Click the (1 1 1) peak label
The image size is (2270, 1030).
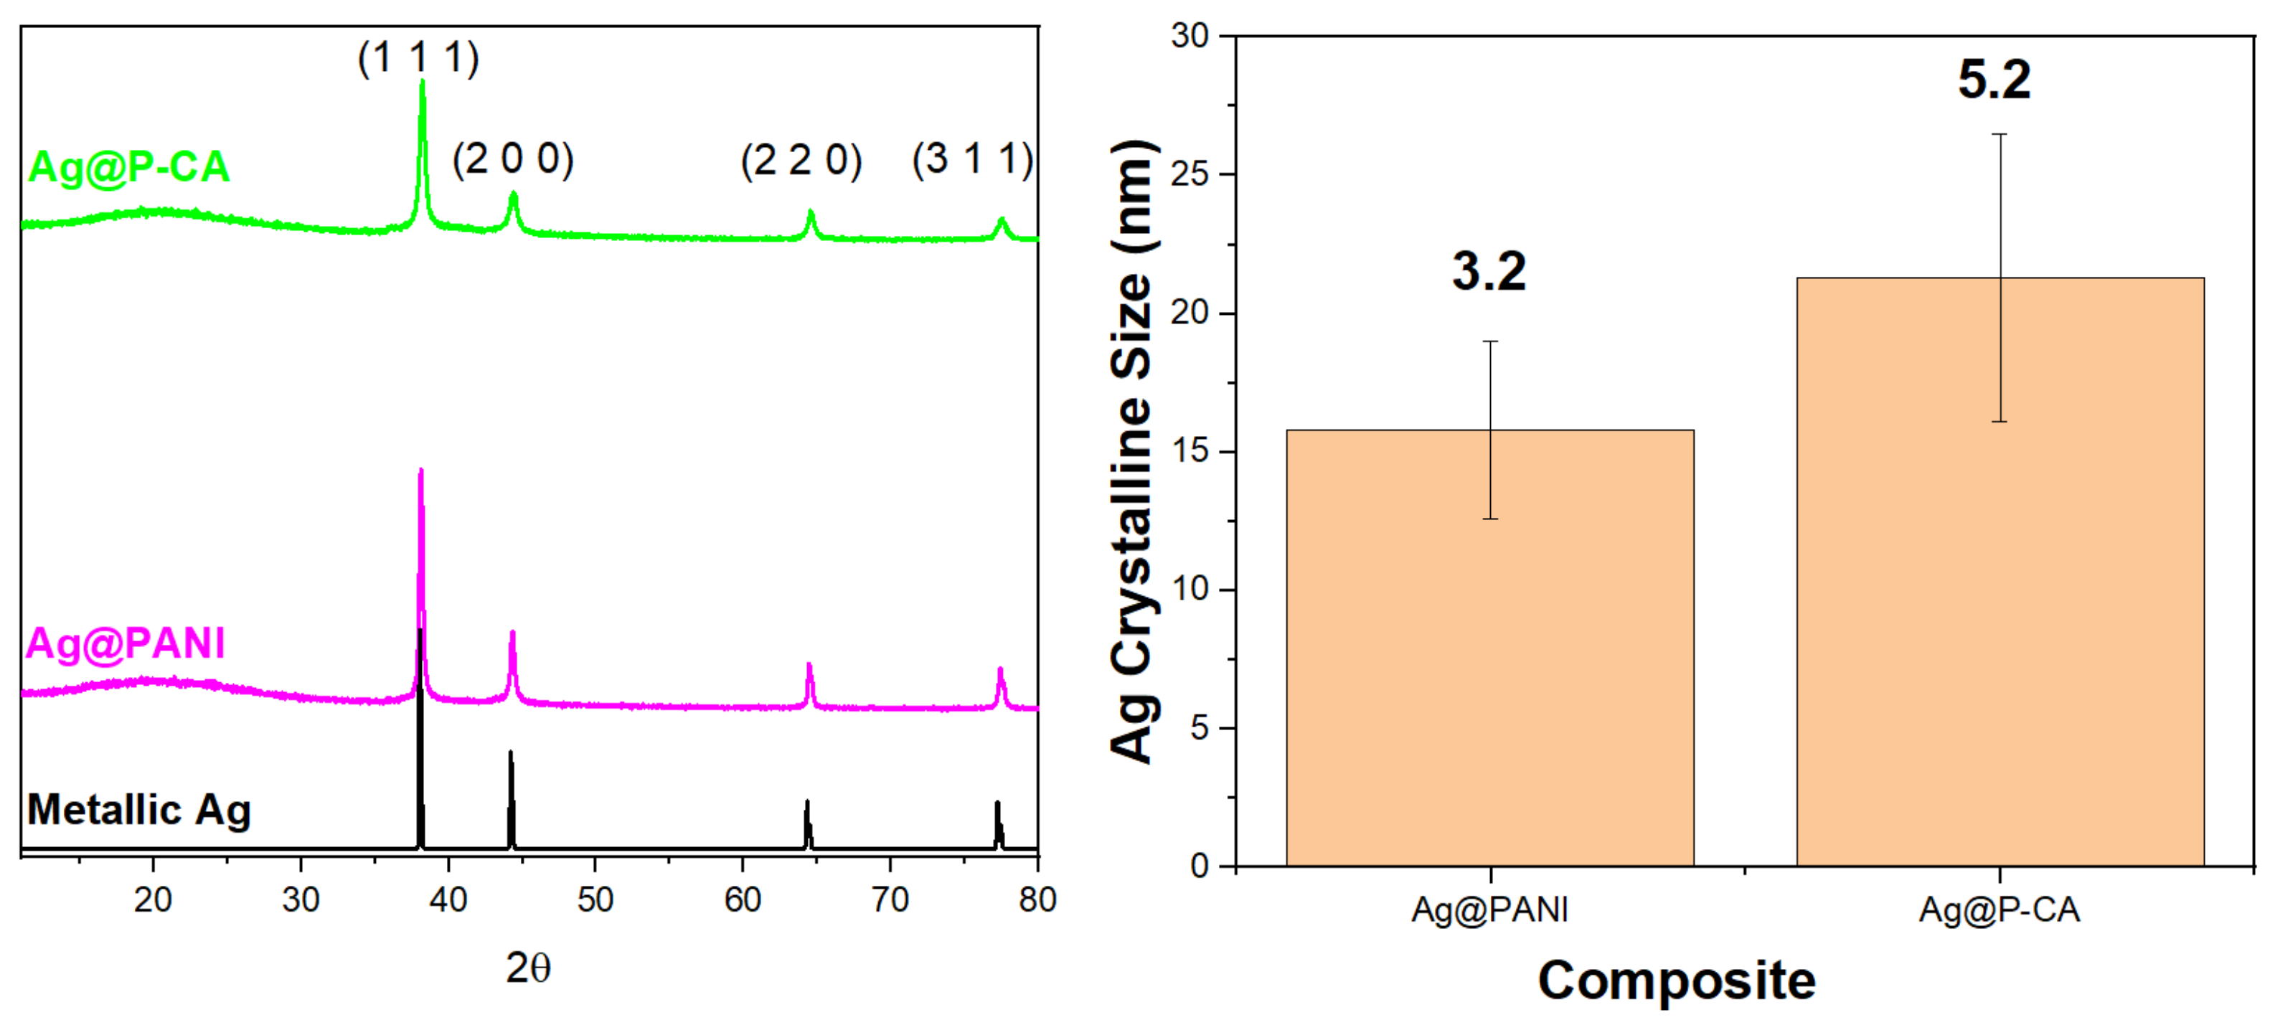point(418,59)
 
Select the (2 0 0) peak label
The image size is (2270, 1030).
point(513,159)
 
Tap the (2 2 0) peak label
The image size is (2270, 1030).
point(801,161)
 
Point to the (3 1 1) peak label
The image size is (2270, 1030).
point(972,159)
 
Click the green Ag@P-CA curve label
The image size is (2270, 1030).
point(128,166)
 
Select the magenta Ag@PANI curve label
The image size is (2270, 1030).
point(125,643)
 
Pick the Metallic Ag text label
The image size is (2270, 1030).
point(139,810)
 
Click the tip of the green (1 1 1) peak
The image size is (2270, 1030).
point(422,82)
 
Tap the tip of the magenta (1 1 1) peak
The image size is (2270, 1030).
point(420,472)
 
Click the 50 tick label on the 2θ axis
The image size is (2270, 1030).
point(595,899)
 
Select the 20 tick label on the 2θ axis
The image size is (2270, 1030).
point(152,899)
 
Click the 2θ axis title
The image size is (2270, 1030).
point(528,968)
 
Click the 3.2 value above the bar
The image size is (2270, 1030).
point(1489,271)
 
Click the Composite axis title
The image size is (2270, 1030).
point(1676,981)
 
